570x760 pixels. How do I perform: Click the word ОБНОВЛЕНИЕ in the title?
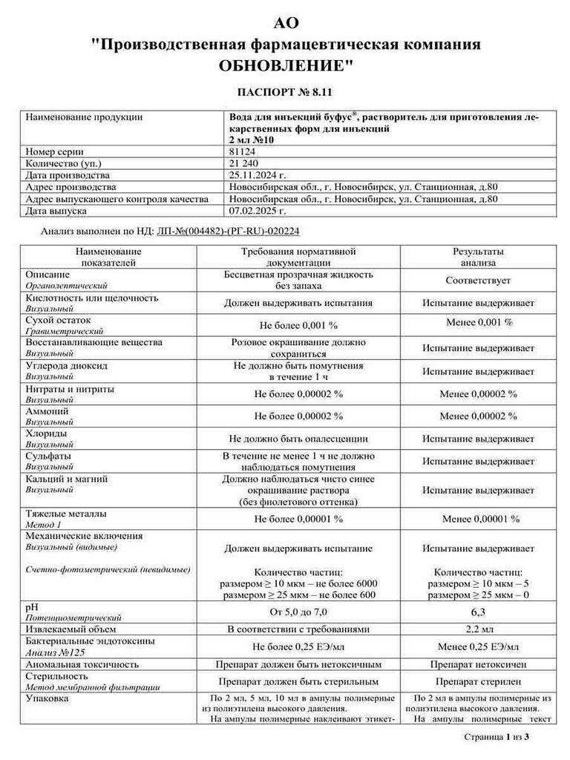pyautogui.click(x=285, y=65)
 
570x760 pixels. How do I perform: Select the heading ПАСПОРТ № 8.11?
pyautogui.click(x=285, y=93)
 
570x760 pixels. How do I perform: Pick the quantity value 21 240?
pyautogui.click(x=243, y=163)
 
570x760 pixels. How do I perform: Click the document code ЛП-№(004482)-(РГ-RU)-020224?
pyautogui.click(x=229, y=232)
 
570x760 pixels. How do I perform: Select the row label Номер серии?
pyautogui.click(x=56, y=151)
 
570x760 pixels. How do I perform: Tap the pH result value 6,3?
pyautogui.click(x=478, y=612)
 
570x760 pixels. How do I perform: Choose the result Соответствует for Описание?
pyautogui.click(x=478, y=281)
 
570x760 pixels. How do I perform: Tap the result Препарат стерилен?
pyautogui.click(x=478, y=681)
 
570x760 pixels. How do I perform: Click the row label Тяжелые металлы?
pyautogui.click(x=66, y=514)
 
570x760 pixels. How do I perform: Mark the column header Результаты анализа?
pyautogui.click(x=478, y=257)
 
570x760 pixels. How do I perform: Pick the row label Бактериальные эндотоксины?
pyautogui.click(x=90, y=641)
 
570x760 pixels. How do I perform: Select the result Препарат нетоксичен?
pyautogui.click(x=478, y=664)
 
